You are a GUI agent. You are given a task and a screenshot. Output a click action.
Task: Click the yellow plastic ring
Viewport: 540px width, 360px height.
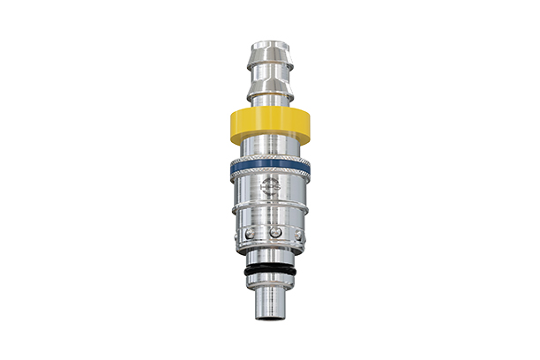pyautogui.click(x=270, y=124)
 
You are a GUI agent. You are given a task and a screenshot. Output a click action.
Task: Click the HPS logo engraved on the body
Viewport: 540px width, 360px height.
pyautogui.click(x=270, y=187)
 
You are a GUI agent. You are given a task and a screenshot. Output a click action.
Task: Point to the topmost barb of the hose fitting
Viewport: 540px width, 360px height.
pyautogui.click(x=270, y=55)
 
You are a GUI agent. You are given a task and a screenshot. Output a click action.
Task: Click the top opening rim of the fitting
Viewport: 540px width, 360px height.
pyautogui.click(x=270, y=41)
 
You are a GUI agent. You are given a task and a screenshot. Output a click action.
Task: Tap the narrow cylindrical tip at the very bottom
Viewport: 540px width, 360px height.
pyautogui.click(x=270, y=304)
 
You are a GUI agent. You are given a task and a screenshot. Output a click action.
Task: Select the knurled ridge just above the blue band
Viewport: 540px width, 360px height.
pyautogui.click(x=270, y=156)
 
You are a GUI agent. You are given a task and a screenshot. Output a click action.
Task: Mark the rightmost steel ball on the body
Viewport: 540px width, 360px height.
pyautogui.click(x=299, y=234)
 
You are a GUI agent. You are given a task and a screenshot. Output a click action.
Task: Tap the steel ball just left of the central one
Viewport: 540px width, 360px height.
pyautogui.click(x=252, y=233)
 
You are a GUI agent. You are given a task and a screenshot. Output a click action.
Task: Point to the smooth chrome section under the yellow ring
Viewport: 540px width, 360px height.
pyautogui.click(x=270, y=146)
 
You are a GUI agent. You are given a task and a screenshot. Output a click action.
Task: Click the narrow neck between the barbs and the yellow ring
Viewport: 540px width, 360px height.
pyautogui.click(x=270, y=99)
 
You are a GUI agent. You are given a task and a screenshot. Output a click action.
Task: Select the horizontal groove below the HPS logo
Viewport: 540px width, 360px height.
pyautogui.click(x=270, y=206)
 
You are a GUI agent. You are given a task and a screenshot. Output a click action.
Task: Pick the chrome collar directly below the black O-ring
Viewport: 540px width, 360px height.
pyautogui.click(x=270, y=281)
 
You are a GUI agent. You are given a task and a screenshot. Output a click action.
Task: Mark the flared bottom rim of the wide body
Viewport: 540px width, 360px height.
pyautogui.click(x=270, y=248)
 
